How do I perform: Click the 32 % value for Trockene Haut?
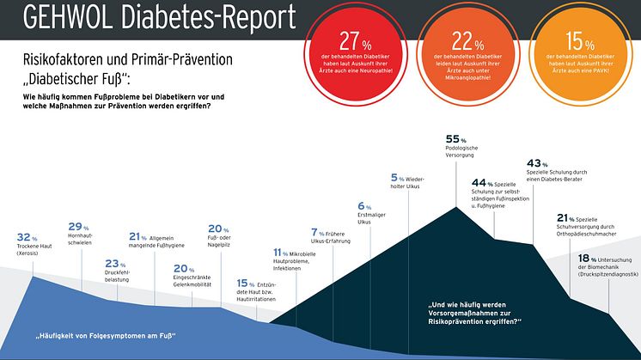click(x=25, y=236)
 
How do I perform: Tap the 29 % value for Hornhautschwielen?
click(x=76, y=226)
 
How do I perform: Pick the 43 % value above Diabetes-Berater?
click(x=534, y=163)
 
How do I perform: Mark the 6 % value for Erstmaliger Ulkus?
click(x=362, y=206)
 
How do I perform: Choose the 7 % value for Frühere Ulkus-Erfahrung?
click(x=314, y=232)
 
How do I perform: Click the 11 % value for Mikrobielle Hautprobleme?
click(x=278, y=252)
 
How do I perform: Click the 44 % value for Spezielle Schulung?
click(x=477, y=182)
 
